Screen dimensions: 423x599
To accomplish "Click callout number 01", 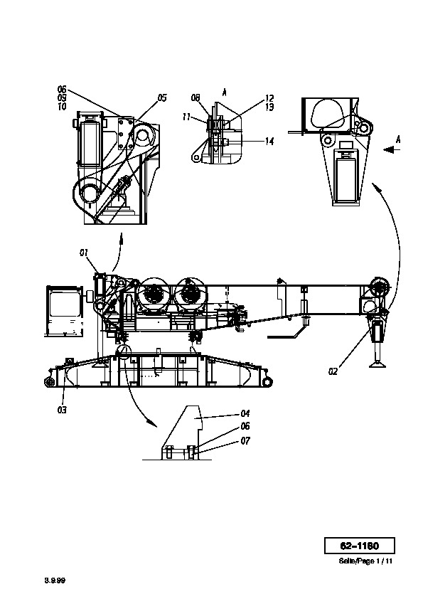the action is point(84,253).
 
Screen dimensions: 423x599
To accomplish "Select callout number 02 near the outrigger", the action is point(333,371).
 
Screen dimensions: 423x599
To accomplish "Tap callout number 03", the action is point(62,410).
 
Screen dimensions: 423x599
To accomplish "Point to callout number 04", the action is point(245,413).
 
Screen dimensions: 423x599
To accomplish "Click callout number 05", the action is point(162,98).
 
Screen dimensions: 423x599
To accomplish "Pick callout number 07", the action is point(245,441).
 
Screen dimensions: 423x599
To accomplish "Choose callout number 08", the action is point(196,98).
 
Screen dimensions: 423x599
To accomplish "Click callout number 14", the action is point(269,142).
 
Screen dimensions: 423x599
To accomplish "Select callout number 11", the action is point(186,117).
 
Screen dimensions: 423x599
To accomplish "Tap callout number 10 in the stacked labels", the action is point(62,107).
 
